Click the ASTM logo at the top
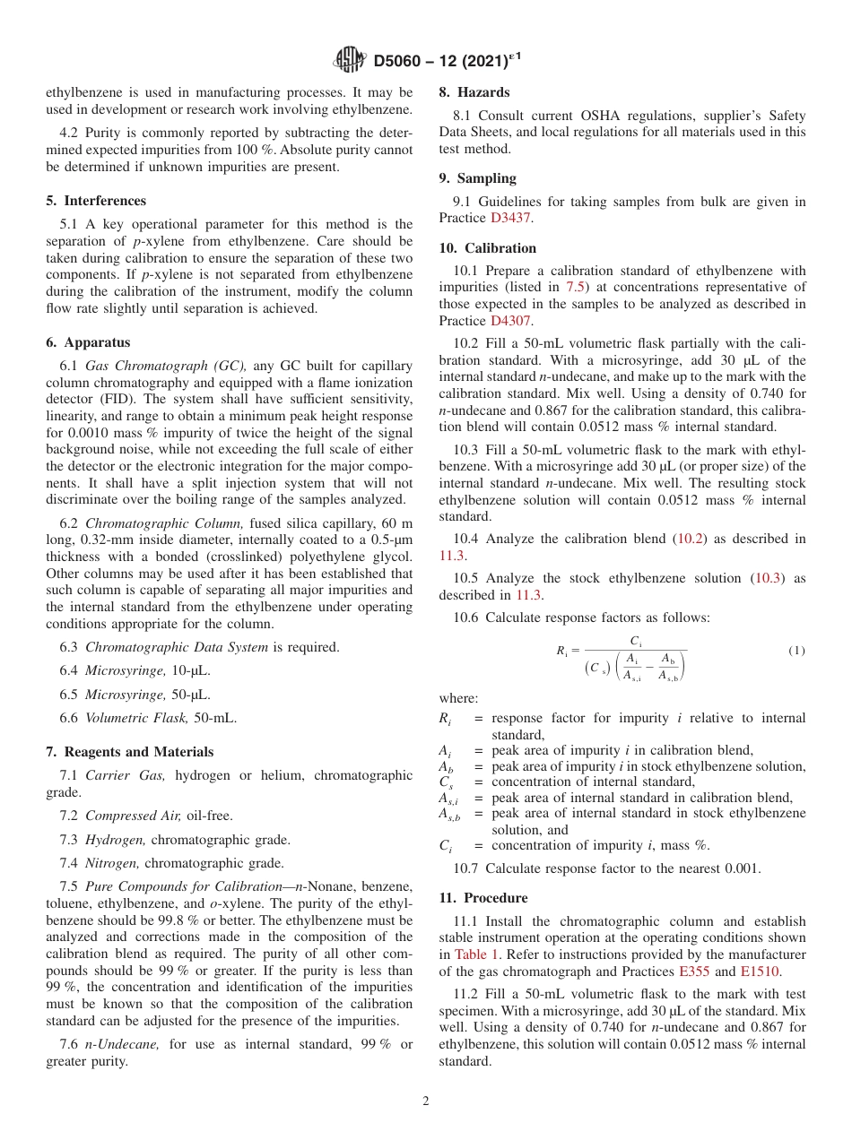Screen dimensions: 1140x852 point(350,60)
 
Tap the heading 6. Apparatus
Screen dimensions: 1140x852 point(88,342)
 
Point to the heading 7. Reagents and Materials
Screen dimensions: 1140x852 point(130,752)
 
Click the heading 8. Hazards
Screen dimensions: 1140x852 point(474,92)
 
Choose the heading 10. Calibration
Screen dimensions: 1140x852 point(488,248)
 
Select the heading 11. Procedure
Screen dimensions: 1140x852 point(483,898)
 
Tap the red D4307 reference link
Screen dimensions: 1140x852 point(515,320)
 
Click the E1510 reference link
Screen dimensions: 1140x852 point(761,971)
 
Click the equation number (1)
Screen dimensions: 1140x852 point(795,651)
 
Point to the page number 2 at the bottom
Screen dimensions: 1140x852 point(426,1101)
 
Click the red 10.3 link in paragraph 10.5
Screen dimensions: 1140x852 point(768,578)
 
